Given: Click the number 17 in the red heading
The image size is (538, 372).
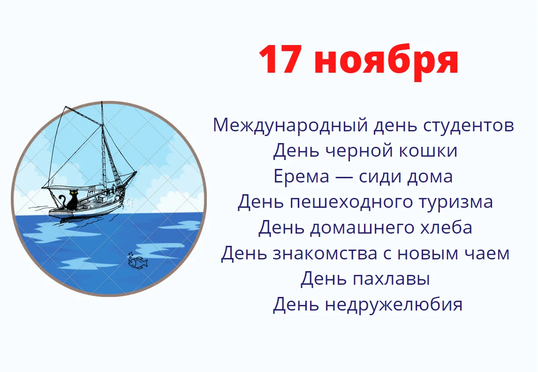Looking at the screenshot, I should tap(280, 61).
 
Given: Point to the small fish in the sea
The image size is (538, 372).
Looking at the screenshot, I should tap(137, 262).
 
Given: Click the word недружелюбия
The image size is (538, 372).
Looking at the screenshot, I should tap(394, 304).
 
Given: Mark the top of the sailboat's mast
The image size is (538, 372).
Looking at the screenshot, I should tap(101, 103).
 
